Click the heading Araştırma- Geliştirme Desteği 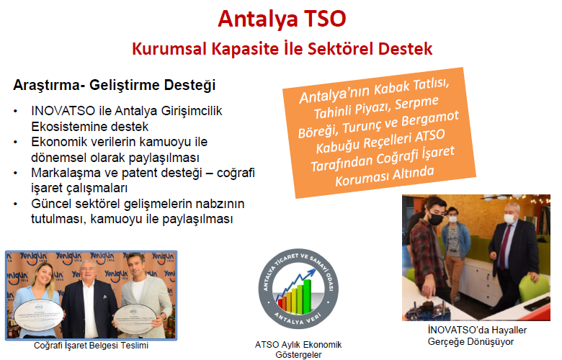click(x=115, y=85)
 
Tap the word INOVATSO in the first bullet click(x=63, y=111)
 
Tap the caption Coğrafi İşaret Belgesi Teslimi click(x=91, y=346)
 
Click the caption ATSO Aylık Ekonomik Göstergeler click(x=298, y=350)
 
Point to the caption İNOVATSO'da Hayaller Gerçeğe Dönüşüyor click(x=477, y=336)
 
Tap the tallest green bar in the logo click(x=307, y=296)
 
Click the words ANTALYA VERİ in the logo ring click(x=298, y=318)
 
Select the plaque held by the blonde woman click(x=38, y=315)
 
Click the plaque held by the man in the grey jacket click(x=135, y=320)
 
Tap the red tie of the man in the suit click(x=505, y=247)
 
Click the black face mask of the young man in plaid click(x=435, y=218)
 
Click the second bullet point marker click(x=15, y=143)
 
